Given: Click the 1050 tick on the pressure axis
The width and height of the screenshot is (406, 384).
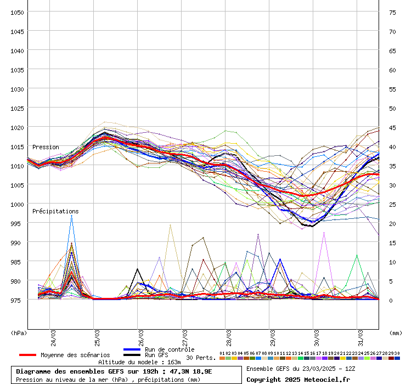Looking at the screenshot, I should [16, 12].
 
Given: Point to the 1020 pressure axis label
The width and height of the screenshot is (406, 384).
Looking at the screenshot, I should [16, 127].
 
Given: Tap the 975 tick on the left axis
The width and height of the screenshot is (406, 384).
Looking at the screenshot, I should [16, 300].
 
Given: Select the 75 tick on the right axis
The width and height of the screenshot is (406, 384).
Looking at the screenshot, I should [392, 12].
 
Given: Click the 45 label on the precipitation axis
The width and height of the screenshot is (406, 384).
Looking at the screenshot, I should [392, 127].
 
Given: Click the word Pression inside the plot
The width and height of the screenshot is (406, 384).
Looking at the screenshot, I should [46, 147].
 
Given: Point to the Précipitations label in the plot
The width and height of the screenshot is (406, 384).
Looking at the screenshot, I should [55, 211].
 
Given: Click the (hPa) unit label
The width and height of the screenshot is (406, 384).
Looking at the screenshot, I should [19, 332].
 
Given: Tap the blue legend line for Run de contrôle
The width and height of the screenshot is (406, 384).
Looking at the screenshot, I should [132, 349].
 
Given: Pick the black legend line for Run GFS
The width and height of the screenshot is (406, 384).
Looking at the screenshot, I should [132, 355].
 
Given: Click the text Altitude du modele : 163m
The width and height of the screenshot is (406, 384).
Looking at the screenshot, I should [139, 362].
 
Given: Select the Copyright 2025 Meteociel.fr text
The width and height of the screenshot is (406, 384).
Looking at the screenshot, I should [297, 379].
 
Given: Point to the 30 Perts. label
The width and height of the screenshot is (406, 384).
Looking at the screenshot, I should [201, 358].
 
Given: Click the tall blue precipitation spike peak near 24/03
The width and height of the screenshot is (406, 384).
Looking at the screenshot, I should [71, 216].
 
